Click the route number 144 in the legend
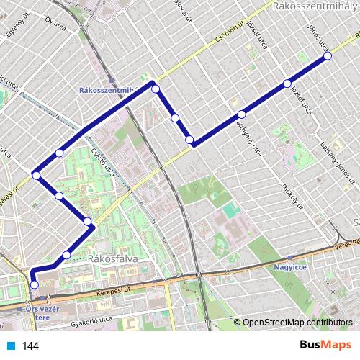click(x=30, y=346)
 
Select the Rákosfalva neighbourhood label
click(x=112, y=258)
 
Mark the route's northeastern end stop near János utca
click(x=328, y=55)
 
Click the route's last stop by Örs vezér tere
click(x=34, y=284)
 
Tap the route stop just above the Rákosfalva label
click(x=67, y=255)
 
